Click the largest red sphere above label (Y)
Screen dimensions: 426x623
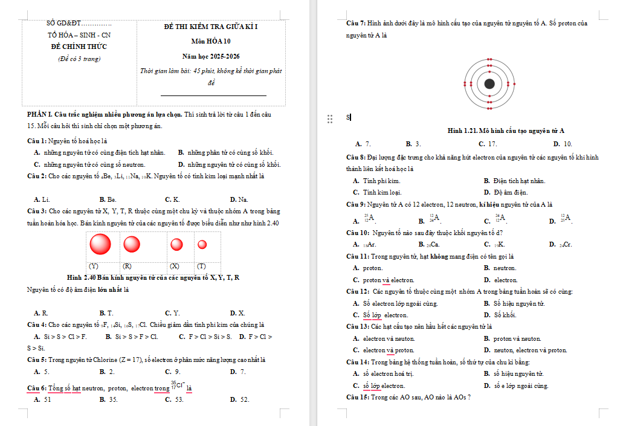100,244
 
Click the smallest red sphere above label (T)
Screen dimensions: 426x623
202,245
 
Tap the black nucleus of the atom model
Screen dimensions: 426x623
489,84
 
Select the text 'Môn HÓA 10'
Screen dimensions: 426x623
211,42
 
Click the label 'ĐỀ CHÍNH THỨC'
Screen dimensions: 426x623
79,47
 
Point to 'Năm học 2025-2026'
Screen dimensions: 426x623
211,56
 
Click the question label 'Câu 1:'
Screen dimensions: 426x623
37,141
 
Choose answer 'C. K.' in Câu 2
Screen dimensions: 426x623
172,199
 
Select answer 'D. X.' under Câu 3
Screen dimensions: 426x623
237,313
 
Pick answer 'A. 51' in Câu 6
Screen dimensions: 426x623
43,399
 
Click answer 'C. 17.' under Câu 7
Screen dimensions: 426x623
488,144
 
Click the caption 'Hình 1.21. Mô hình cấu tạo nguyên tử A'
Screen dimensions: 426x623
506,131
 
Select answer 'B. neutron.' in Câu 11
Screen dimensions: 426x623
500,268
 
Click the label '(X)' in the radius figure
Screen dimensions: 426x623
175,266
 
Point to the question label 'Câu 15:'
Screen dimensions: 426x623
357,397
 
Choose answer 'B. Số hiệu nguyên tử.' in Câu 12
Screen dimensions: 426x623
515,303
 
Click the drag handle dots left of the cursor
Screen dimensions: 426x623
330,119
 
